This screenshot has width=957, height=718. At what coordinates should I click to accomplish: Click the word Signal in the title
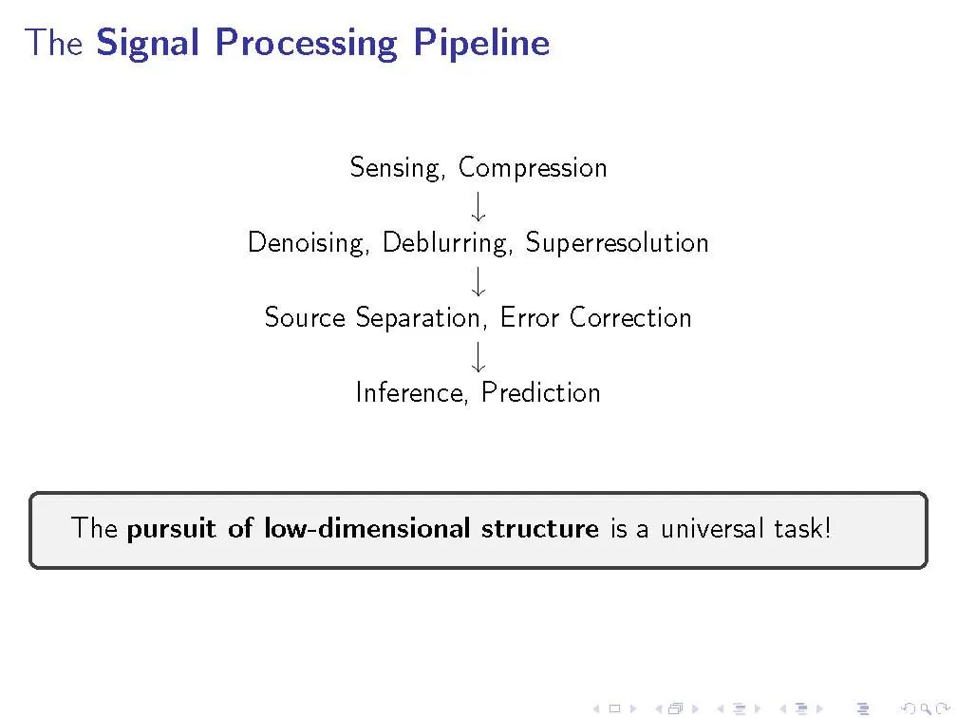(148, 44)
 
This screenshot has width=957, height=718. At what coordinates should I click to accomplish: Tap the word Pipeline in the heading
(481, 44)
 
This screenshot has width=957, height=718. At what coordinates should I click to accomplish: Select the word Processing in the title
(307, 44)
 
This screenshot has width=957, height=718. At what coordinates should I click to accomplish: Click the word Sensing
(397, 168)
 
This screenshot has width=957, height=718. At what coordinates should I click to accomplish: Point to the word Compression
(533, 168)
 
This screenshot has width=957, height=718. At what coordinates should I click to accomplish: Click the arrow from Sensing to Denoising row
(478, 206)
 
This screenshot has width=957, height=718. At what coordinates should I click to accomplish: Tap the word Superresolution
(617, 243)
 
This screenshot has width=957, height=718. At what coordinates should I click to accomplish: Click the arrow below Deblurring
(478, 281)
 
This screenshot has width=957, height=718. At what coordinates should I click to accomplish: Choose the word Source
(305, 318)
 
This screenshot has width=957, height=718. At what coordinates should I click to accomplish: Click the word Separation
(422, 318)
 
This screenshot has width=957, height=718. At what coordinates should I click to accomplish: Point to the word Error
(529, 318)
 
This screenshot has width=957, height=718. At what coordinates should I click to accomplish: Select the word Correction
(630, 318)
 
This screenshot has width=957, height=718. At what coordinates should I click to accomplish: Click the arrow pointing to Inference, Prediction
(478, 356)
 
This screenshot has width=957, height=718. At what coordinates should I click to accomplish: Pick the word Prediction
(541, 392)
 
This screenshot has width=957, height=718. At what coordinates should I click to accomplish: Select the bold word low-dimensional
(366, 528)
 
